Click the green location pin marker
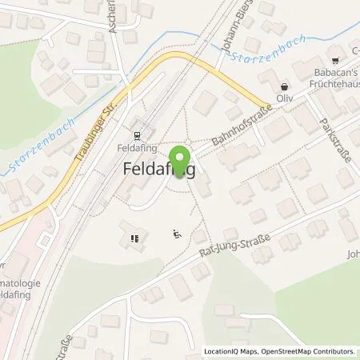[x=180, y=158]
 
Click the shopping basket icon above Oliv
[x=284, y=86]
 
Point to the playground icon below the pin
[x=178, y=234]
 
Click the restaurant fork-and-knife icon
[x=134, y=237]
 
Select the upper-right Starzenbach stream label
[x=254, y=46]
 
